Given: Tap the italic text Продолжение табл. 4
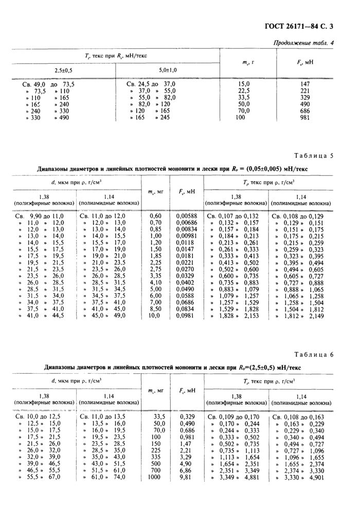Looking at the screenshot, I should [x=303, y=43].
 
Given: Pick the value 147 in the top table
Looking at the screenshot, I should [x=306, y=84].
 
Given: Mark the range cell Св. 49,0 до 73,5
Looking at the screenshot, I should [x=48, y=84].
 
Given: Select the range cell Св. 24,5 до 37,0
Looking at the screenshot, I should [x=150, y=84].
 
